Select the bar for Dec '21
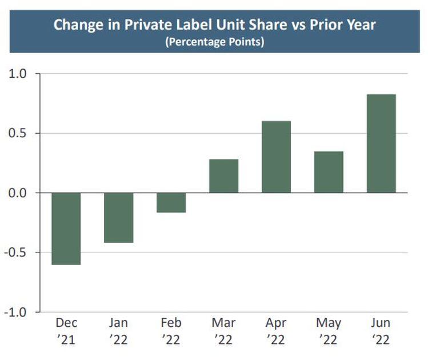coord(66,229)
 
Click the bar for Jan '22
coord(118,218)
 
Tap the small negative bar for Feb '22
coord(171,203)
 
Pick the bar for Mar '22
coord(223,176)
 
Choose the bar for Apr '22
coord(276,157)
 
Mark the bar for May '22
coord(329,172)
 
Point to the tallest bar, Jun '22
coord(381,143)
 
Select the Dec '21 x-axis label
coord(66,331)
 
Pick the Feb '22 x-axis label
coord(171,331)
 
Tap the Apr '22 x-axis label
coord(276,331)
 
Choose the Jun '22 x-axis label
coord(381,331)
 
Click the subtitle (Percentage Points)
coord(214,43)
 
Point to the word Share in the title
coord(274,25)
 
